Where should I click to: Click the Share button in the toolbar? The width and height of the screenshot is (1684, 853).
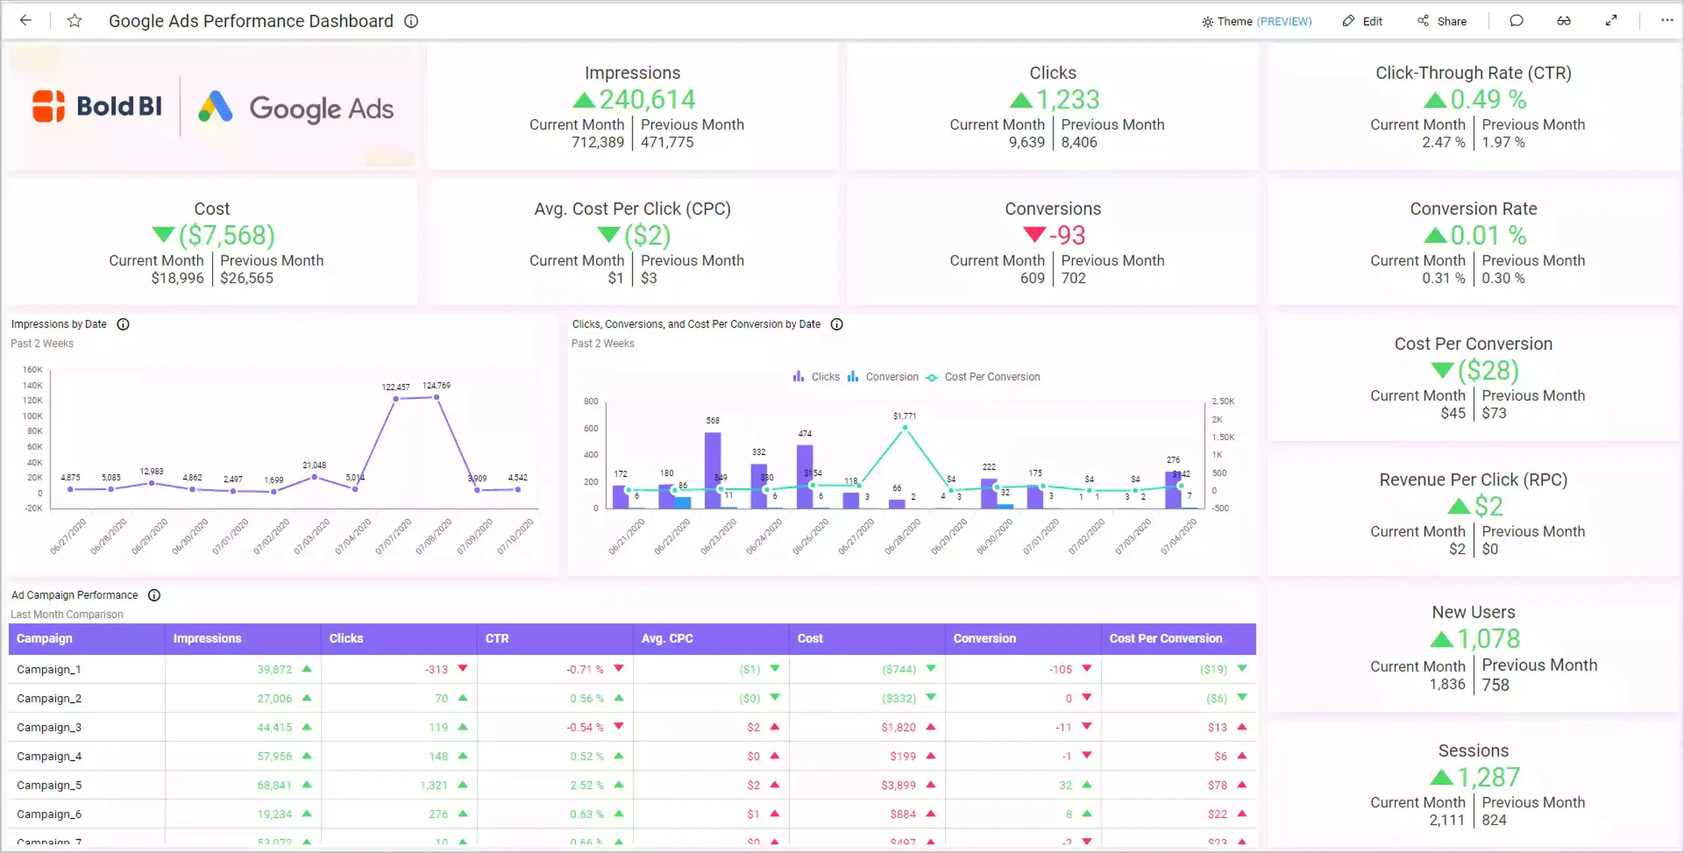[x=1442, y=22]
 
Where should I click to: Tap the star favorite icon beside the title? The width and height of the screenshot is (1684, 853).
[x=75, y=21]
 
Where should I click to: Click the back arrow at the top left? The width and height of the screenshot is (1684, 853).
[x=26, y=21]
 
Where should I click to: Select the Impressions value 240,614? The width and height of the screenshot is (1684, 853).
[x=647, y=100]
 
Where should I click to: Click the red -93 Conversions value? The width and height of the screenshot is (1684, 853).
[x=1067, y=235]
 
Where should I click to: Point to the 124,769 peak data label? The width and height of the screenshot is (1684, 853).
[x=436, y=385]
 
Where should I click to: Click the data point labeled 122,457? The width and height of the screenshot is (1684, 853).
[x=395, y=399]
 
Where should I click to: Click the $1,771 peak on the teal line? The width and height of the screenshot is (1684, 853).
[x=905, y=427]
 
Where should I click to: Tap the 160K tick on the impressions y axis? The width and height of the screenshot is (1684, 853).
[x=32, y=370]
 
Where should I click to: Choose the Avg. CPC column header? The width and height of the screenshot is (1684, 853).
[x=667, y=639]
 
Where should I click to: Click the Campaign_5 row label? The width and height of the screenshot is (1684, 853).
[x=49, y=786]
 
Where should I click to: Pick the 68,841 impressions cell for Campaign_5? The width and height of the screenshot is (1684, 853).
[x=274, y=786]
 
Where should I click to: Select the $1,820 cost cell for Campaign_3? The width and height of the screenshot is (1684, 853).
[x=899, y=728]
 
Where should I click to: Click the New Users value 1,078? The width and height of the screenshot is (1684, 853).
[x=1488, y=639]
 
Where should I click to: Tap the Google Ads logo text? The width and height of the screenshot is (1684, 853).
[x=321, y=108]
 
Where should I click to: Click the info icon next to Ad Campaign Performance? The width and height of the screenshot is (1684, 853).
[x=154, y=596]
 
